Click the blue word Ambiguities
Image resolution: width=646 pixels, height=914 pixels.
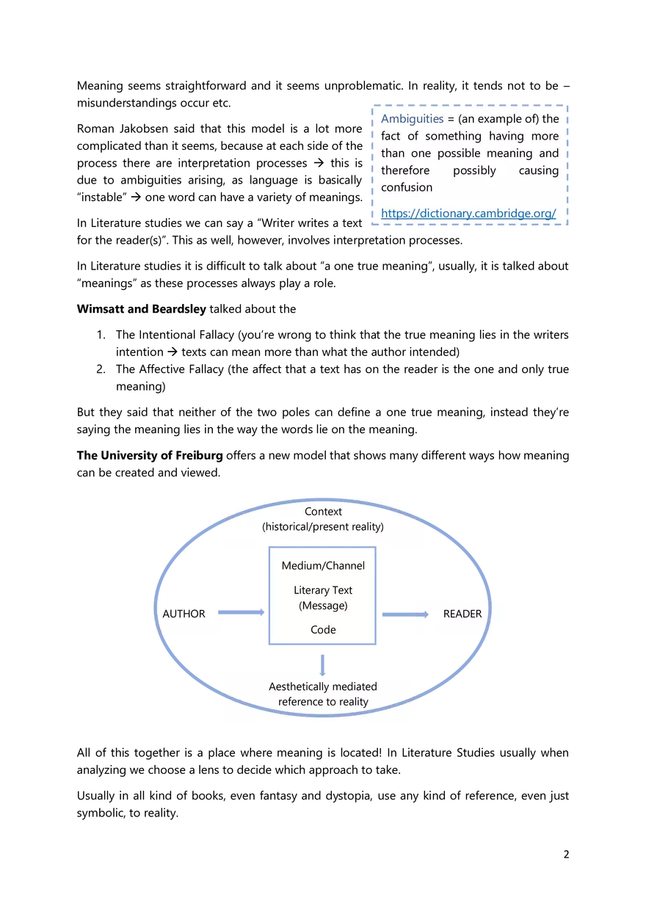pyautogui.click(x=412, y=119)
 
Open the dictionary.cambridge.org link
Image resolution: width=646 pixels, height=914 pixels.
pyautogui.click(x=468, y=214)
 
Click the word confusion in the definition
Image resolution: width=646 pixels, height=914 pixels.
pyautogui.click(x=406, y=187)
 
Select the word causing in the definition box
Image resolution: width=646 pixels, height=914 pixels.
pyautogui.click(x=538, y=170)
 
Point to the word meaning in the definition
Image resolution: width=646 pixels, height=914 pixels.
pyautogui.click(x=509, y=153)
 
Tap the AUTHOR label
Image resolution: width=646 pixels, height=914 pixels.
pyautogui.click(x=184, y=614)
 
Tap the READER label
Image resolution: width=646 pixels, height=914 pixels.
pyautogui.click(x=462, y=614)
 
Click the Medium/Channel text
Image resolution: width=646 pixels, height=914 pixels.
pyautogui.click(x=323, y=566)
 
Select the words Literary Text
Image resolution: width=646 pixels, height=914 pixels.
pyautogui.click(x=323, y=590)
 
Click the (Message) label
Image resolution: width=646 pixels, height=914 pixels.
pyautogui.click(x=323, y=606)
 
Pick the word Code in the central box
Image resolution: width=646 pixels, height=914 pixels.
pyautogui.click(x=323, y=630)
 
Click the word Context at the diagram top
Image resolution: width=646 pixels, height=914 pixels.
pyautogui.click(x=323, y=512)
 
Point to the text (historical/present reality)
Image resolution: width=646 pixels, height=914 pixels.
pyautogui.click(x=323, y=527)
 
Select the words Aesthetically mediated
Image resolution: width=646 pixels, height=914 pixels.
pyautogui.click(x=323, y=686)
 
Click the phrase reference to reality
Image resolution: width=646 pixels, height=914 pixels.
pyautogui.click(x=323, y=702)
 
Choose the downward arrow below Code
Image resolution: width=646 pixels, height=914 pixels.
pyautogui.click(x=322, y=661)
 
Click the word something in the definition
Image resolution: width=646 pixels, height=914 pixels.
pyautogui.click(x=453, y=136)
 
